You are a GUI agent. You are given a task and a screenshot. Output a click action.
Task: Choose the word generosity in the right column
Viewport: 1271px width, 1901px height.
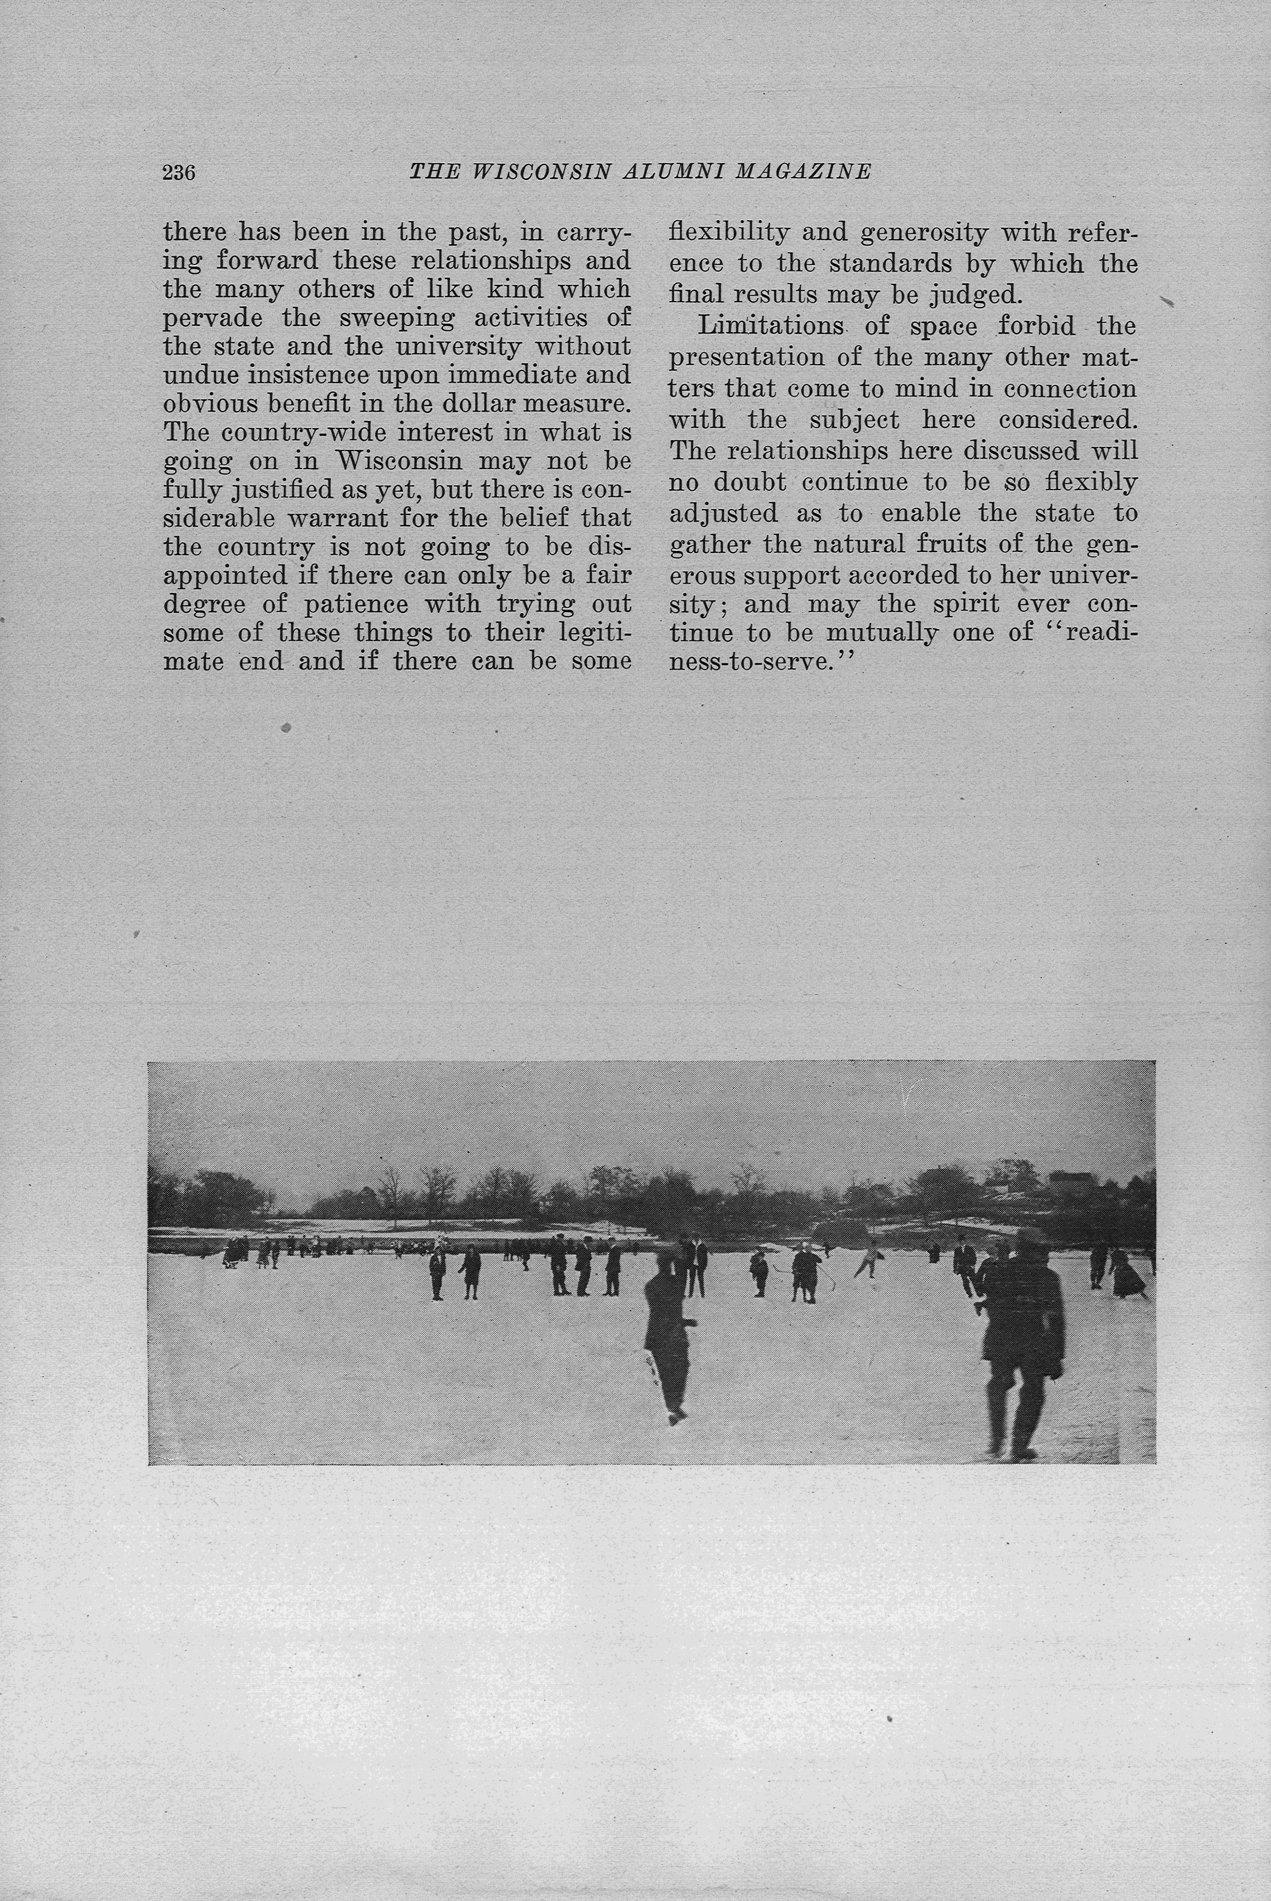click(923, 233)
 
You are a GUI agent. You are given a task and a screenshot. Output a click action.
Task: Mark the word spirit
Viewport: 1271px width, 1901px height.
click(949, 605)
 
